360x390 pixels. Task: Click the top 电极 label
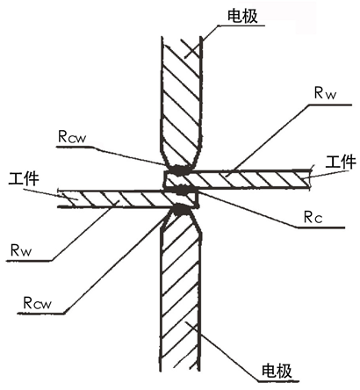242,17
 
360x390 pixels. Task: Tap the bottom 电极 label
277,371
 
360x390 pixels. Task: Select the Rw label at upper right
325,93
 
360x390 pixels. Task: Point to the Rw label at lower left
20,250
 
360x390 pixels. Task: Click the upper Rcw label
72,136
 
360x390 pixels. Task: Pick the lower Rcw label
37,303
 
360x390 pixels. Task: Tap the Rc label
313,217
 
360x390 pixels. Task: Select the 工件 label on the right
341,162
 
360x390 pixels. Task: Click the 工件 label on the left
24,178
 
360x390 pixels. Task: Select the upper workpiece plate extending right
237,179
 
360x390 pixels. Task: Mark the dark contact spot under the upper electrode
179,170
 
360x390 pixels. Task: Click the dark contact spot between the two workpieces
179,189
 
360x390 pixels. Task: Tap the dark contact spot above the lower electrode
180,209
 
